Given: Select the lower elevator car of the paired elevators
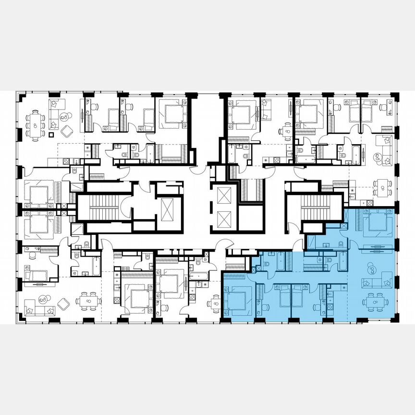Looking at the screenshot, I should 224,220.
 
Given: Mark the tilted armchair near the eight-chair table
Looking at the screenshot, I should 67,130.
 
